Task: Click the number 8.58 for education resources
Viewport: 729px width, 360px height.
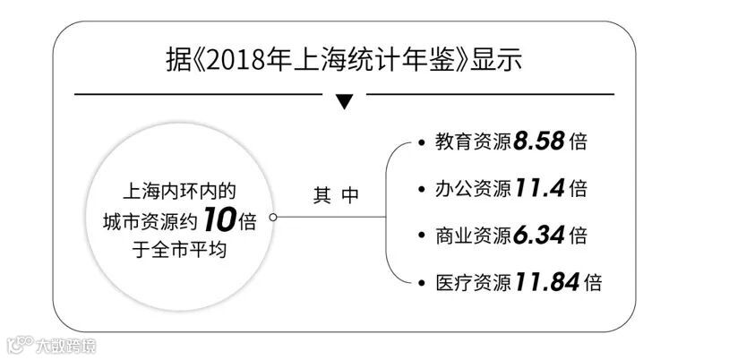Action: [x=539, y=142]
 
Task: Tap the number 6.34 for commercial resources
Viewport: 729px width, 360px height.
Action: [x=539, y=236]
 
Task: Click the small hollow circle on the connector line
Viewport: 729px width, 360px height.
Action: [x=272, y=218]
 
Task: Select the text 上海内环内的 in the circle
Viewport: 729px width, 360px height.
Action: [x=179, y=192]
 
